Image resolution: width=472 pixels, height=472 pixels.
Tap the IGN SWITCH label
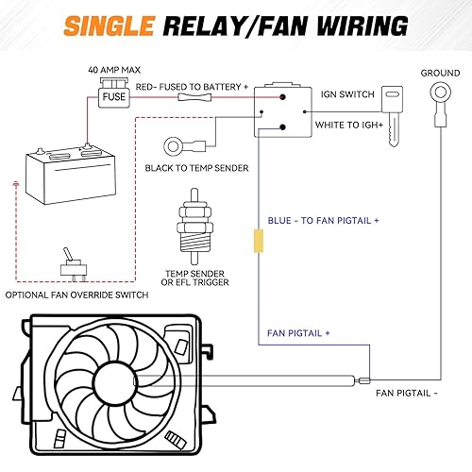347,94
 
